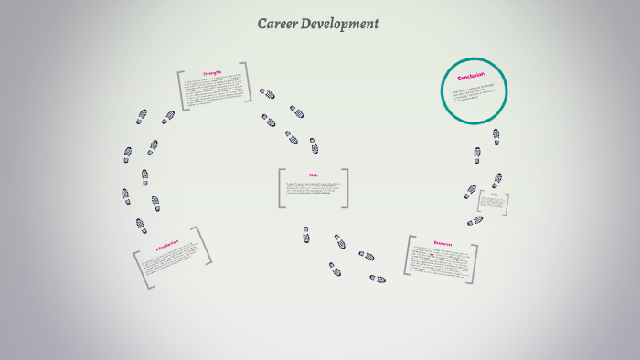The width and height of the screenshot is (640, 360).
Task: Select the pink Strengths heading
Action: (212, 73)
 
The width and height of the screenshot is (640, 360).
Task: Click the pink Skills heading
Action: (313, 175)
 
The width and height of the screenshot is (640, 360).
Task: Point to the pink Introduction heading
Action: (166, 248)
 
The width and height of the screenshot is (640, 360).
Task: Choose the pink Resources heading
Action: (443, 244)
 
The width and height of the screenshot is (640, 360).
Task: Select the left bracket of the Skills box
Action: (281, 189)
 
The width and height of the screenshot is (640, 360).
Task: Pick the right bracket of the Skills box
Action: (346, 189)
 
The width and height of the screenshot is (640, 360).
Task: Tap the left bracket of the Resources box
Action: (408, 256)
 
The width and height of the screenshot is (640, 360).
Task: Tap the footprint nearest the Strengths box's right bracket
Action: (267, 93)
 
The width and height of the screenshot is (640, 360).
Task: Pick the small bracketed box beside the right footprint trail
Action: (494, 203)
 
